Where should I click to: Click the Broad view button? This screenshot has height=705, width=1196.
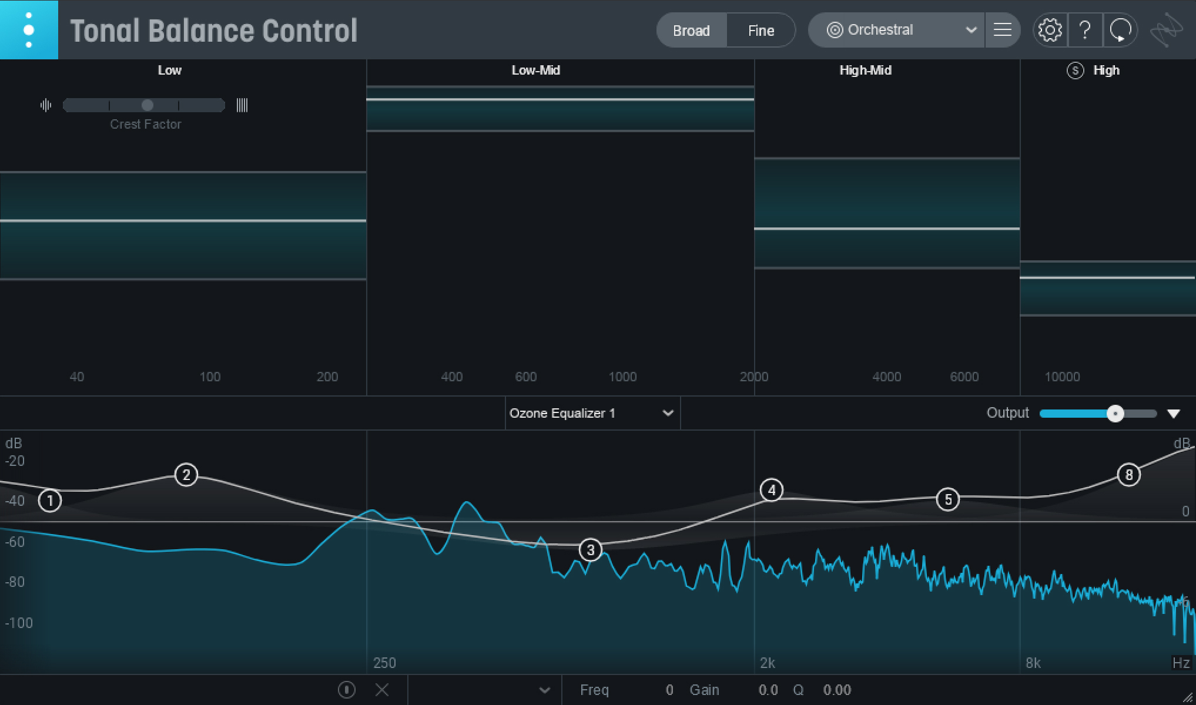pos(691,31)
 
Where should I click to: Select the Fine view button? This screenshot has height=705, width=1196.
pos(761,31)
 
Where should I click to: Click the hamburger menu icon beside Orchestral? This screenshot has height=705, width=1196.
pos(1002,30)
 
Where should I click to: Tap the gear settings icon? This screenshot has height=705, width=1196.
pos(1050,30)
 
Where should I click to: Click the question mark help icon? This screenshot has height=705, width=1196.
pos(1085,30)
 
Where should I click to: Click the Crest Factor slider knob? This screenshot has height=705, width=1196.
pos(148,105)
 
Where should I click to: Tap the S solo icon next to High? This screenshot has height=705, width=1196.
pos(1075,70)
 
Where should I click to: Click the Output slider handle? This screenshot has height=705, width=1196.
pos(1115,414)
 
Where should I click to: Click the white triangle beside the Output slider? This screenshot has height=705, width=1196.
pos(1174,414)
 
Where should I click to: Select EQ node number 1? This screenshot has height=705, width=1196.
pos(50,501)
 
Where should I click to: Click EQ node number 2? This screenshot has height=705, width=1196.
pos(186,475)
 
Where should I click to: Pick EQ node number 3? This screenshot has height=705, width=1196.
pos(591,550)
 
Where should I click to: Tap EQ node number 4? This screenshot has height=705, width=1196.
pos(772,490)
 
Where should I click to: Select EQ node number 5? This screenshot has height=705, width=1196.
pos(948,499)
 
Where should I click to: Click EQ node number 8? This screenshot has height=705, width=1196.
pos(1129,475)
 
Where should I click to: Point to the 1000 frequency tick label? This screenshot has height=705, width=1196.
pos(622,377)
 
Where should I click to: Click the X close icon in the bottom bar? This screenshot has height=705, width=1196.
pos(382,690)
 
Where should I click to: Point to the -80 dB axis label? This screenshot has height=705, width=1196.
pos(15,582)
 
